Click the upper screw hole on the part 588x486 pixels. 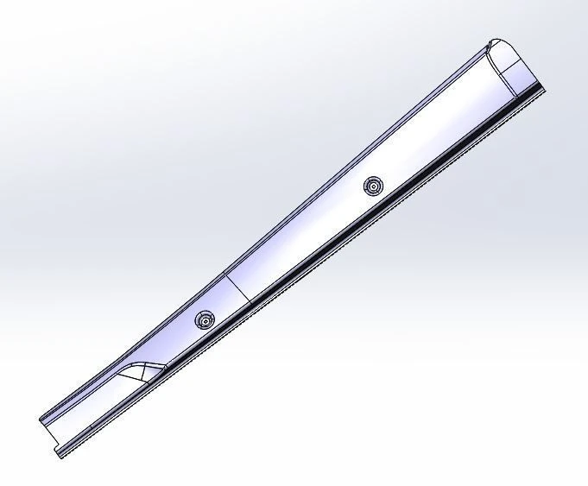point(373,186)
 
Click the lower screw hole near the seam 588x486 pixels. point(205,320)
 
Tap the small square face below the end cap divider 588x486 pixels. point(528,73)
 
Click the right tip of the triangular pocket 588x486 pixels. point(165,366)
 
